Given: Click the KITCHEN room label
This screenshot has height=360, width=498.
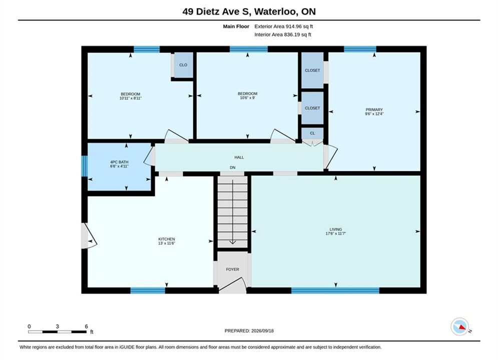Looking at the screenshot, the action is point(167,239).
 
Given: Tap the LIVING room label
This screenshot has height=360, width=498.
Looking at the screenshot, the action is point(336,229).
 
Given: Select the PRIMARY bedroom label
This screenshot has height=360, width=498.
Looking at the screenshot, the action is point(374,109).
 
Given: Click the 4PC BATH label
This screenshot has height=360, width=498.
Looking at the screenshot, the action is point(119,162).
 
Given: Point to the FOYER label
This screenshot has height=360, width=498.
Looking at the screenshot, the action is point(233,269).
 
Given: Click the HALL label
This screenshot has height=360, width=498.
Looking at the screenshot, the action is point(239,157).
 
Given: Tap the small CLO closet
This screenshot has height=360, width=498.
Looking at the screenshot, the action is point(183,65).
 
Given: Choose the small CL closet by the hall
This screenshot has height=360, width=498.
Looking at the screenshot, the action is point(312,133).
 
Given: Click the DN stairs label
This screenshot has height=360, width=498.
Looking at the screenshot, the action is point(233,167).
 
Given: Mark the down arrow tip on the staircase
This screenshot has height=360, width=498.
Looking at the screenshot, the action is point(233,243).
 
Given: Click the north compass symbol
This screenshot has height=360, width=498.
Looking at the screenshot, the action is point(460,326).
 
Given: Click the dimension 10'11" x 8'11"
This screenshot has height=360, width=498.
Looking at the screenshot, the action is point(131,98).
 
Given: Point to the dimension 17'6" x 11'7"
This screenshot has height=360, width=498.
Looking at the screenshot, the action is point(336,233).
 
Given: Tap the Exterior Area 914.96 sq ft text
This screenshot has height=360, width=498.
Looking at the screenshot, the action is point(284,26).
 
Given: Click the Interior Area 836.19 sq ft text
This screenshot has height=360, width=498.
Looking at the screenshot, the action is point(283,34).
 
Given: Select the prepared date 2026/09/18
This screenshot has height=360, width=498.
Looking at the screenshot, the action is point(262,331).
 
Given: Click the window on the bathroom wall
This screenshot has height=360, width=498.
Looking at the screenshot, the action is point(85,166).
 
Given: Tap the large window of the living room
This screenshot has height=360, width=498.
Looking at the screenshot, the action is point(335,290).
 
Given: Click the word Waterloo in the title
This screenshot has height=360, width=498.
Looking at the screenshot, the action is point(276,11).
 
